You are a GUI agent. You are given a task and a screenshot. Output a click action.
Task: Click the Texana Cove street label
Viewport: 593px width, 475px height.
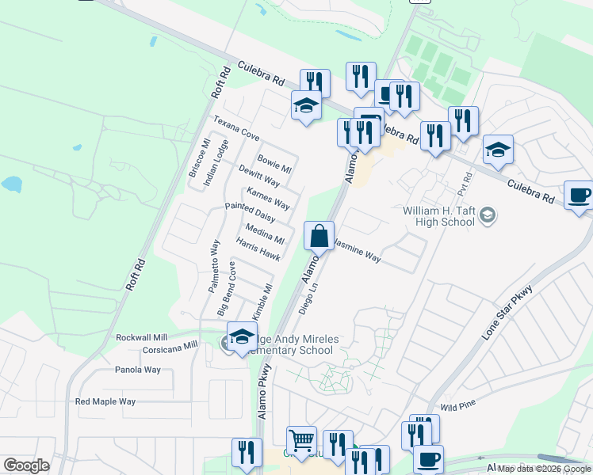[236, 128]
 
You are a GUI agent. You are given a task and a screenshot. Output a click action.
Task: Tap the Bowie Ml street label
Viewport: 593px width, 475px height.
[274, 164]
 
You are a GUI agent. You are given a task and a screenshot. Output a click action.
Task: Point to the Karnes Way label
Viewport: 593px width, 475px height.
[268, 199]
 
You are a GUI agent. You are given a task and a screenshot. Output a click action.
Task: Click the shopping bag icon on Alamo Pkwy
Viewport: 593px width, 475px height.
[319, 236]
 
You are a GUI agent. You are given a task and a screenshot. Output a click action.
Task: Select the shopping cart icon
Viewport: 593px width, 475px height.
[301, 440]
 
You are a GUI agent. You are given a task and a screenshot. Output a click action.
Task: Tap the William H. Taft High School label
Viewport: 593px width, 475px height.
[438, 216]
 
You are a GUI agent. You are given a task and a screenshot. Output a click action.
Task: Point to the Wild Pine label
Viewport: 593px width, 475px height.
[457, 406]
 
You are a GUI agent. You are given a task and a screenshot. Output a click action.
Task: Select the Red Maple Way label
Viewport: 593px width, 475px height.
[105, 402]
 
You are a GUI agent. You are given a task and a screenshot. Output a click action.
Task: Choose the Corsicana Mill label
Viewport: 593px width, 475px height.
[170, 347]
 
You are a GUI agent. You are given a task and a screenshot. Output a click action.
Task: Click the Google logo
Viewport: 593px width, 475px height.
[26, 465]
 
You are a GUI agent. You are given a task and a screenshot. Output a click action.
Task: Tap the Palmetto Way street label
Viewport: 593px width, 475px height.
[214, 267]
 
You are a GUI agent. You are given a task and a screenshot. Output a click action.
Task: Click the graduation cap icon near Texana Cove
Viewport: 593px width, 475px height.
[306, 106]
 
